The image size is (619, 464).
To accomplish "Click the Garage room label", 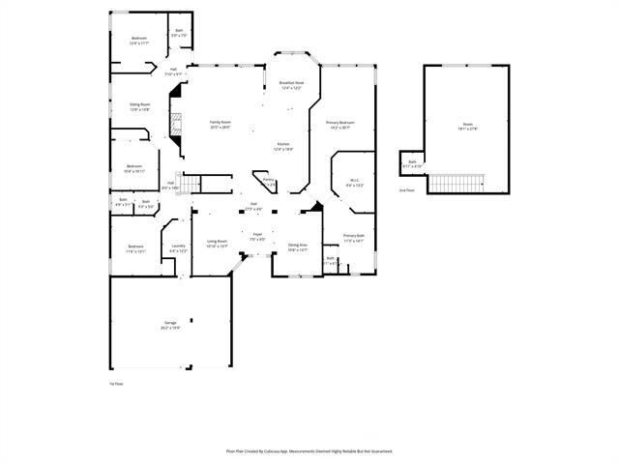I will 170,326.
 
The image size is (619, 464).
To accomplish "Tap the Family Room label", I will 221,124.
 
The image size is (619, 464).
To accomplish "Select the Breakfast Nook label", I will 292,85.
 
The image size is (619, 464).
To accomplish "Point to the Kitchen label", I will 282,147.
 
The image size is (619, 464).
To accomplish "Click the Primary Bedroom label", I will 340,125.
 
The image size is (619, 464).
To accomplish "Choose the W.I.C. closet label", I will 355,184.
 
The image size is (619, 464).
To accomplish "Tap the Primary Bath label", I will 354,239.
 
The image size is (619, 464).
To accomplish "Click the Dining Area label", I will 298,246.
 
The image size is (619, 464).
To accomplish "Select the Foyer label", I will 257,236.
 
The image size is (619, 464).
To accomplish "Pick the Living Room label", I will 217,244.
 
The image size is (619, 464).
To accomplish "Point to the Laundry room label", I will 178,248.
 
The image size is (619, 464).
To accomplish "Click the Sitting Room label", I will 139,106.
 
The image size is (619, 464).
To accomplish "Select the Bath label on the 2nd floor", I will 412,163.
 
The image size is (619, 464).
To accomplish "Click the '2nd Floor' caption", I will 406,190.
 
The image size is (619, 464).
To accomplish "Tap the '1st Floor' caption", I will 116,384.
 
